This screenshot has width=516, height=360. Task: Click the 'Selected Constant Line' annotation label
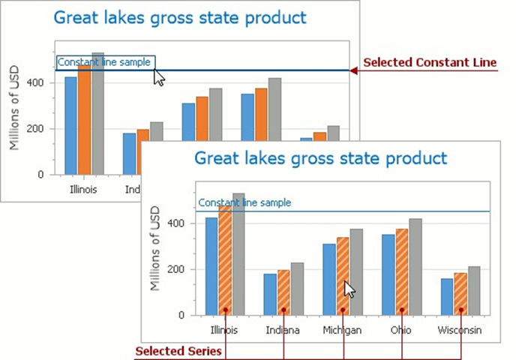430,63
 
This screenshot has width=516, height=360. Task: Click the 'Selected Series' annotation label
178,351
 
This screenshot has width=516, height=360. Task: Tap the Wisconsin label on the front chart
458,330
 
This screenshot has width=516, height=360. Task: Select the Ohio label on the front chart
400,330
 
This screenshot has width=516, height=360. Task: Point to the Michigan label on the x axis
341,330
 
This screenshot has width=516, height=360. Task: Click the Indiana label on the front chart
283,330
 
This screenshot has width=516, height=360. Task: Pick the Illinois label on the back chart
82,189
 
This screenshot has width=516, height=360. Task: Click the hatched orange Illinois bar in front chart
226,262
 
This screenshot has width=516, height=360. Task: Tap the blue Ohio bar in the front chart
388,274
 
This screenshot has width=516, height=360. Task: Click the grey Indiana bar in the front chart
298,289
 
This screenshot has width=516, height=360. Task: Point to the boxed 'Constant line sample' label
106,62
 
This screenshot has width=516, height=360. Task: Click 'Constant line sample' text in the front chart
244,202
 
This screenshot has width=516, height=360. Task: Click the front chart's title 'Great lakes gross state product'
320,158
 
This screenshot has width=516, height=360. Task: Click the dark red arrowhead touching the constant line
355,70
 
